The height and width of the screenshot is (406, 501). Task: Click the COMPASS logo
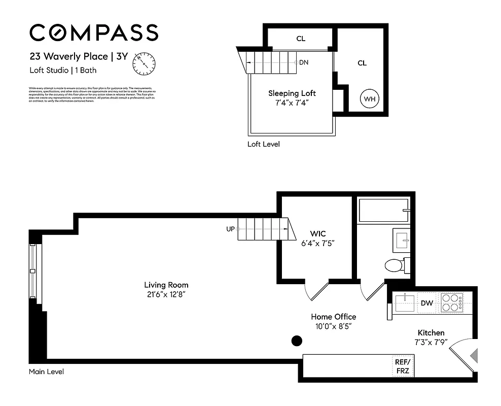pyautogui.click(x=94, y=33)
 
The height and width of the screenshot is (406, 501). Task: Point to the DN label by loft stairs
pyautogui.click(x=304, y=62)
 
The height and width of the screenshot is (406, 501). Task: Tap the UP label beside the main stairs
pyautogui.click(x=230, y=229)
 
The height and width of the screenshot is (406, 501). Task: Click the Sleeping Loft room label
pyautogui.click(x=292, y=93)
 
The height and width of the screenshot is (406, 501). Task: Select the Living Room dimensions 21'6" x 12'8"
pyautogui.click(x=166, y=294)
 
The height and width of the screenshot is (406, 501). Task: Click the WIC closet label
pyautogui.click(x=318, y=233)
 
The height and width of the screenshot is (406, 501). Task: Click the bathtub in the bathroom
pyautogui.click(x=383, y=211)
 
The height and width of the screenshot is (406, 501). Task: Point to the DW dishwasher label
pyautogui.click(x=426, y=303)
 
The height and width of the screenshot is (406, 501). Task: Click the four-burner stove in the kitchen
pyautogui.click(x=451, y=302)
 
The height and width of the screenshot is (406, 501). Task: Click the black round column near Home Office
pyautogui.click(x=297, y=341)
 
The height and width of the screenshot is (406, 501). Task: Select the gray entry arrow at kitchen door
pyautogui.click(x=474, y=355)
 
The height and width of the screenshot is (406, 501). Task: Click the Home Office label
pyautogui.click(x=333, y=317)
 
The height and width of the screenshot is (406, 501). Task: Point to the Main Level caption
pyautogui.click(x=46, y=372)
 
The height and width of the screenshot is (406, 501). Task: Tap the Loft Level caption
pyautogui.click(x=263, y=144)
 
